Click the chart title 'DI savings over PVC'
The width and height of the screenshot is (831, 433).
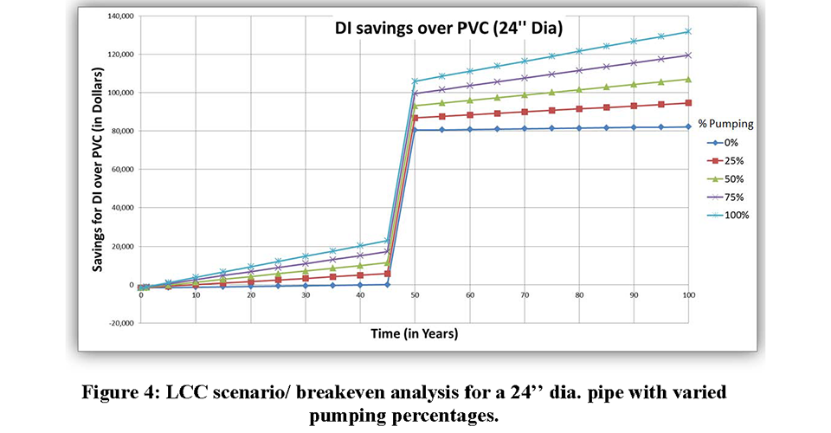(x=449, y=29)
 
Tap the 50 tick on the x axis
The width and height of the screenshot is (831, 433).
(x=415, y=295)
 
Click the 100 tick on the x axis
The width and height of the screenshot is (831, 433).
(x=688, y=295)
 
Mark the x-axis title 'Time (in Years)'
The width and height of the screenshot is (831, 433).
(x=415, y=333)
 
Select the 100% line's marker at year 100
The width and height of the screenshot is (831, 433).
(x=688, y=31)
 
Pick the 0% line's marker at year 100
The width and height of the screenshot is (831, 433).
(x=688, y=126)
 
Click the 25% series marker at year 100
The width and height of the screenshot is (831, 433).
(x=688, y=102)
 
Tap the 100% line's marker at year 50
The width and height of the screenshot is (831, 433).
(x=415, y=81)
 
